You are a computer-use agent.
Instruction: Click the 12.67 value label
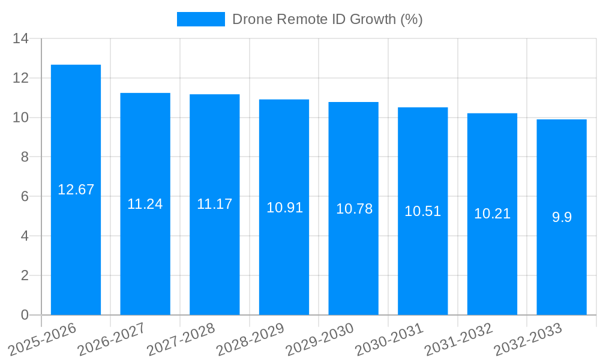[76, 190]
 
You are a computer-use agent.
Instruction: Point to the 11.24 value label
[145, 204]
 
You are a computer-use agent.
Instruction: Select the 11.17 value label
[214, 204]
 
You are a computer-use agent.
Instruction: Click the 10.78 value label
[354, 209]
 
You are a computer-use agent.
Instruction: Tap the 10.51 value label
[422, 211]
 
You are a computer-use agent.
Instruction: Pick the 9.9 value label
[562, 217]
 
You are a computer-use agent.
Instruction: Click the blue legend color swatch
[200, 19]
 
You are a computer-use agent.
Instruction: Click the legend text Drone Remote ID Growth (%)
[327, 19]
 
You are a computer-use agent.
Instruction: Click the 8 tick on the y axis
[25, 157]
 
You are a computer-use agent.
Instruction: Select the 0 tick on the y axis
[25, 315]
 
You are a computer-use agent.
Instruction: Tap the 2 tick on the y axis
[25, 275]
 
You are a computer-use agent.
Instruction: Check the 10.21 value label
[492, 214]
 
